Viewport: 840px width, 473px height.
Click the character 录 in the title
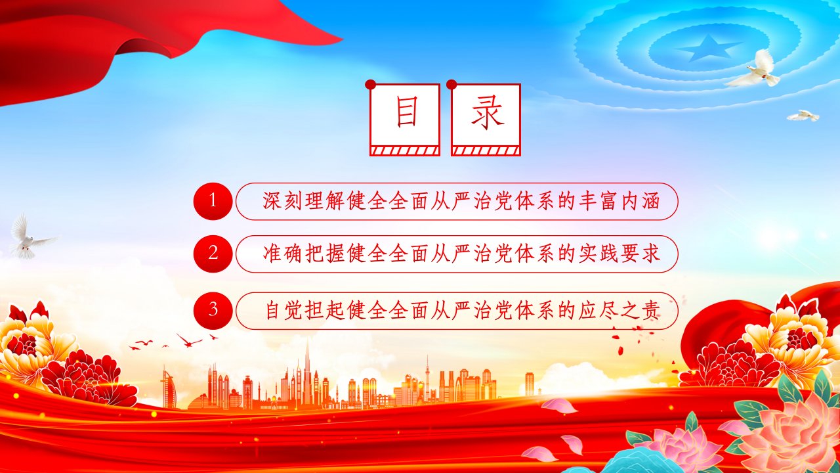pyautogui.click(x=487, y=112)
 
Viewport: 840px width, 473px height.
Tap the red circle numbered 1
pyautogui.click(x=213, y=201)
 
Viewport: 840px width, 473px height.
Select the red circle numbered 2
pyautogui.click(x=213, y=254)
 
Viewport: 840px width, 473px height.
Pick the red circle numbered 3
pyautogui.click(x=213, y=311)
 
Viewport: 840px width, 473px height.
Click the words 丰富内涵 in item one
pyautogui.click(x=619, y=201)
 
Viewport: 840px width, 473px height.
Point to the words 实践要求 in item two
pyautogui.click(x=619, y=254)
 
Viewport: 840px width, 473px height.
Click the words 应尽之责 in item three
pyautogui.click(x=619, y=311)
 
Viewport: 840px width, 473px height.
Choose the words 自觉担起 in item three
pyautogui.click(x=305, y=311)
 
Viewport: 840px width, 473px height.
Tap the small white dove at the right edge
pyautogui.click(x=803, y=116)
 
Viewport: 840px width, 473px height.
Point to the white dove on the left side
pyautogui.click(x=30, y=237)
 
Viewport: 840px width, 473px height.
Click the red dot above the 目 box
pyautogui.click(x=371, y=85)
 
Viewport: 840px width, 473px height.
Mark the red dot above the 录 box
pyautogui.click(x=451, y=85)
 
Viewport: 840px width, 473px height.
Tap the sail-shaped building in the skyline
pyautogui.click(x=169, y=388)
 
